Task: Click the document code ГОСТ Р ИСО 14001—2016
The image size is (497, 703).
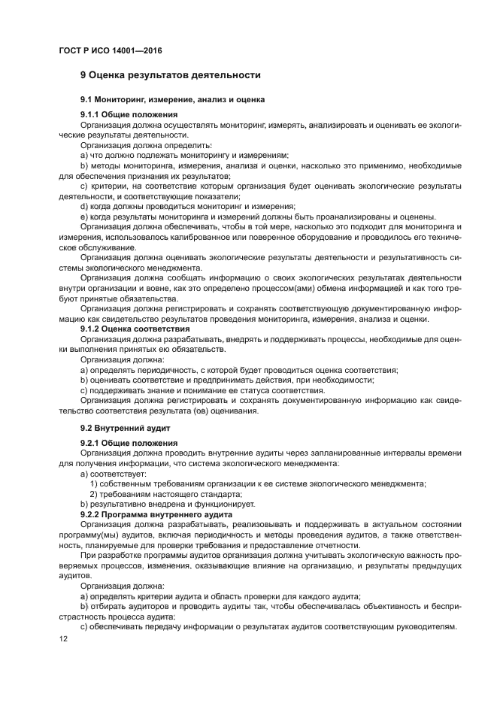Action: [x=111, y=50]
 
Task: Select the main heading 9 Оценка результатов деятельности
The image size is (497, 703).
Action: [x=171, y=75]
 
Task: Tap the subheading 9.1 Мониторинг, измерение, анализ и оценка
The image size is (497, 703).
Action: [x=172, y=100]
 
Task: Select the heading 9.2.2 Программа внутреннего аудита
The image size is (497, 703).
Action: [x=156, y=514]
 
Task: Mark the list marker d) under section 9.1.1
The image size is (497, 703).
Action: [x=84, y=205]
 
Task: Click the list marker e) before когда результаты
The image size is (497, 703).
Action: [x=84, y=216]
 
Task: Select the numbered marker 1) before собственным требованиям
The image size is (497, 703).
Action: [x=94, y=483]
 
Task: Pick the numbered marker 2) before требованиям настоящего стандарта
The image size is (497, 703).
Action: [x=94, y=493]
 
